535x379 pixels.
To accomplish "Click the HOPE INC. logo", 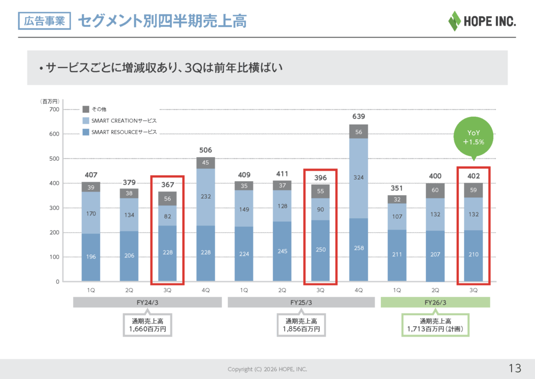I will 481,21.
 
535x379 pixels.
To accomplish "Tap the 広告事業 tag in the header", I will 44,21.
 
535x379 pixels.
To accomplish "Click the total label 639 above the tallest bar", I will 359,116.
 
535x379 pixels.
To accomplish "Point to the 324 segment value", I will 359,177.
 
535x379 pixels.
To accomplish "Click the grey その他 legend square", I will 86,109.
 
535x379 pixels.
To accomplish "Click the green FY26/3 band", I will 435,303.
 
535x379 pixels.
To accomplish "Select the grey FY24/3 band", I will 147,303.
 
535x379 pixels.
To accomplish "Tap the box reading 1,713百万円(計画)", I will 435,326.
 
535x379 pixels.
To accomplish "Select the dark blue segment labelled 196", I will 91,257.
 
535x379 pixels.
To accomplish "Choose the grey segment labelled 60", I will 435,191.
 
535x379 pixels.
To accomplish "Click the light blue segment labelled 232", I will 205,196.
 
